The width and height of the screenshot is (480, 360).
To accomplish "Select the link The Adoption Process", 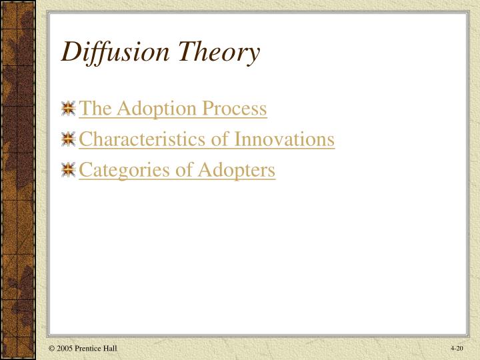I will pos(173,109).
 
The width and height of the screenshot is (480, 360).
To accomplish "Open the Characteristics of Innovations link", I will pos(207,139).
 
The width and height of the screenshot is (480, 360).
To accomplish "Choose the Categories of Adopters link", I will pos(177,170).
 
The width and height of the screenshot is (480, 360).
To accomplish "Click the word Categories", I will pos(120,171).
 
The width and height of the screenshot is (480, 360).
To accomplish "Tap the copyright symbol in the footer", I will pos(51,349).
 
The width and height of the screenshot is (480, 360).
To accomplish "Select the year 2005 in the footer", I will pos(64,349).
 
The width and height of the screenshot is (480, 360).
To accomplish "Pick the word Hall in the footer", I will pos(111,349).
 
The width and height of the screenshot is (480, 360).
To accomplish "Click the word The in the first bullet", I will pos(91,109).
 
